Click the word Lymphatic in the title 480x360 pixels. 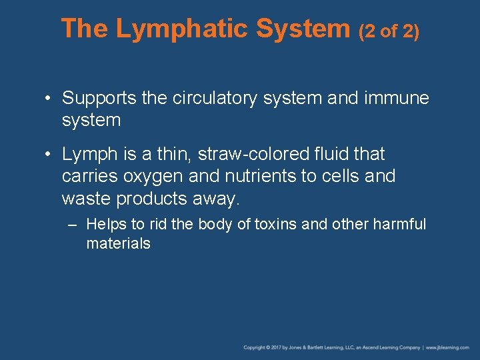[x=182, y=29]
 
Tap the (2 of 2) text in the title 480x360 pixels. [x=389, y=31]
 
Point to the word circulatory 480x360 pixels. [x=223, y=99]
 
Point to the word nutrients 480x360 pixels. [x=257, y=177]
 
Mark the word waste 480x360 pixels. [x=86, y=199]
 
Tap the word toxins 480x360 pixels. [x=274, y=224]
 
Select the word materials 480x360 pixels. [x=118, y=244]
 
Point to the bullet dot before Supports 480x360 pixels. [x=49, y=99]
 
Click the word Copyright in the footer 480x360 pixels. [x=255, y=348]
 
